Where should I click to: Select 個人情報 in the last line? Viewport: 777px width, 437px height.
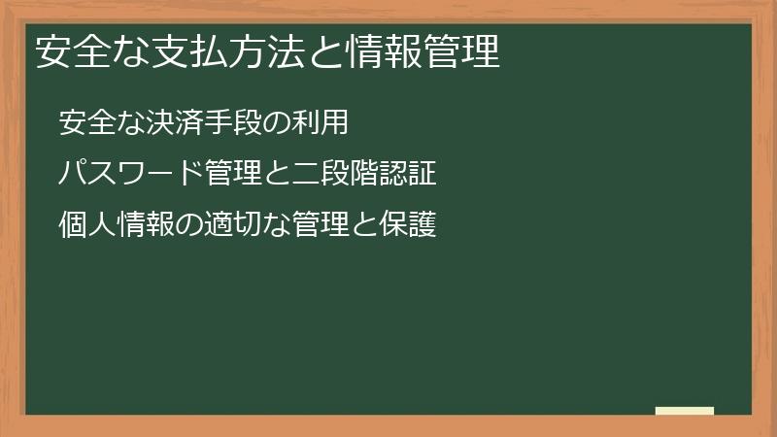pos(116,226)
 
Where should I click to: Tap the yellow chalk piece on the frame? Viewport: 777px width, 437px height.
pos(685,411)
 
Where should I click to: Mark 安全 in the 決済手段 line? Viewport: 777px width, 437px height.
pos(87,124)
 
